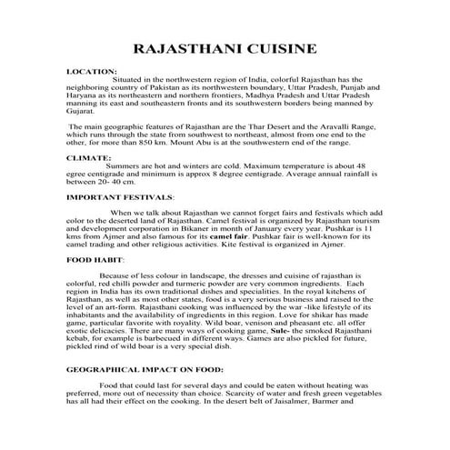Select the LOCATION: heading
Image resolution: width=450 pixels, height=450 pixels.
tap(92, 71)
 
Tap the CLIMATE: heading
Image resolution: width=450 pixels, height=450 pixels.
tap(89, 157)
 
